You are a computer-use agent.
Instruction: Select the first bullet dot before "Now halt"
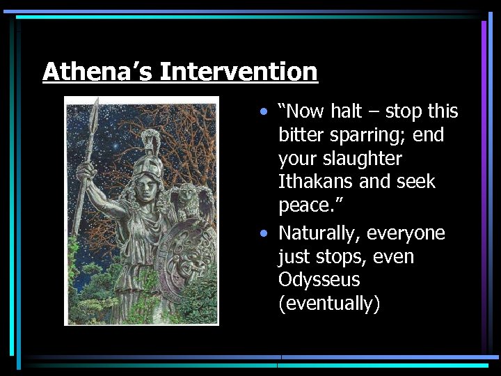click(263, 112)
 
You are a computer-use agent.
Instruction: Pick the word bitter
click(300, 135)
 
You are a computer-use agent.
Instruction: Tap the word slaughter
click(362, 159)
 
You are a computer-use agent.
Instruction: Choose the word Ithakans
click(317, 182)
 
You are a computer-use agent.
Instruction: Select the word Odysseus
click(319, 280)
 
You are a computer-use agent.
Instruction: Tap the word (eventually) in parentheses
click(329, 304)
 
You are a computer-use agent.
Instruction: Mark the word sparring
click(369, 135)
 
